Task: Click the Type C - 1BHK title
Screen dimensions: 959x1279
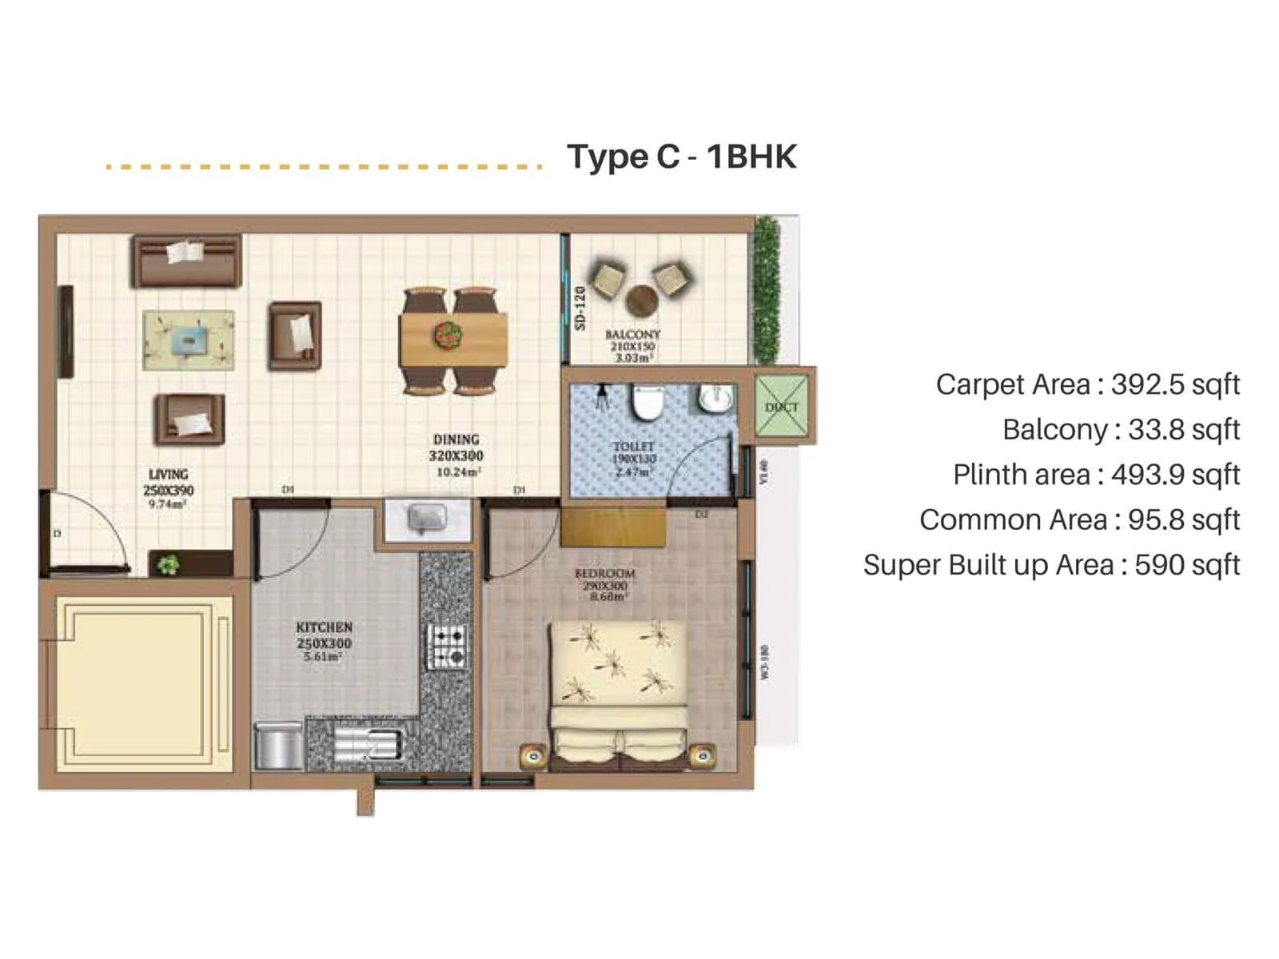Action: pos(681,157)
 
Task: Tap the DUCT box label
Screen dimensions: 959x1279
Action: pos(781,407)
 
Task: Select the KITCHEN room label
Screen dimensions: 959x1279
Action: pos(324,627)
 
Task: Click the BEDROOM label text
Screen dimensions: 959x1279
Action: pos(605,574)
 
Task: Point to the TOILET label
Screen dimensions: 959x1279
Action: pos(633,446)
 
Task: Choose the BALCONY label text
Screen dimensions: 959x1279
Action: pos(632,334)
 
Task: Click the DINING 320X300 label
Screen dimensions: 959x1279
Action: pos(456,448)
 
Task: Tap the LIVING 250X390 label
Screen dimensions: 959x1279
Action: pos(168,482)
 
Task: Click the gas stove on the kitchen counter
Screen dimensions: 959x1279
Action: pos(448,647)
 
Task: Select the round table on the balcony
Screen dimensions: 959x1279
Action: pos(641,301)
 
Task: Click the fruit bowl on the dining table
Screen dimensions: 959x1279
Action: pos(448,333)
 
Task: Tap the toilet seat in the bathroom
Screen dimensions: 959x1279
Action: pos(646,404)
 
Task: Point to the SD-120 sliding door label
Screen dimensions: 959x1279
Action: pos(580,308)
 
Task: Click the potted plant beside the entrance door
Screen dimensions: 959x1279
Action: pos(168,565)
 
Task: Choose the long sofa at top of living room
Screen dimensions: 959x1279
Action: pos(187,261)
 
